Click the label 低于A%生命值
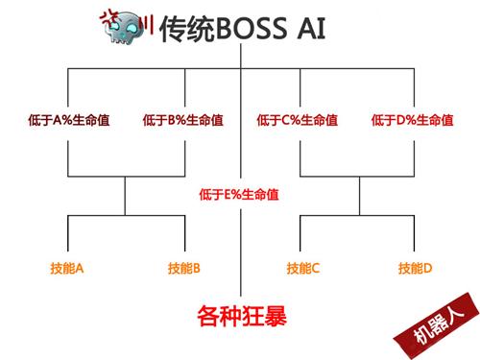pyautogui.click(x=67, y=121)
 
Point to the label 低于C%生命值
pyautogui.click(x=298, y=121)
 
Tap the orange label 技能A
pyautogui.click(x=67, y=268)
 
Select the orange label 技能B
pyautogui.click(x=182, y=268)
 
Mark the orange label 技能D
pyautogui.click(x=416, y=268)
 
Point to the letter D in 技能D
pyautogui.click(x=428, y=268)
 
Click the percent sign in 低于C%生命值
pyautogui.click(x=293, y=121)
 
